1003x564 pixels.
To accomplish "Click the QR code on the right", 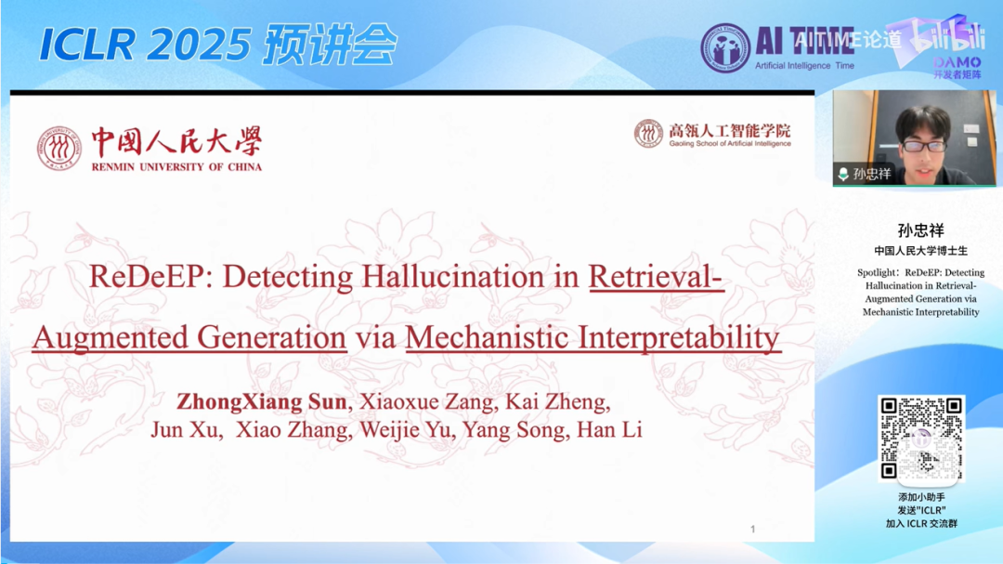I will pos(921,439).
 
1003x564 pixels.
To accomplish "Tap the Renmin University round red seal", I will pos(59,149).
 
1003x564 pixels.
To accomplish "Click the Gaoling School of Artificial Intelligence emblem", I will pos(648,134).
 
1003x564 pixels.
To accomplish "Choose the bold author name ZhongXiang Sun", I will pos(262,402).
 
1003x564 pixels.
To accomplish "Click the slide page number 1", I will pos(752,530).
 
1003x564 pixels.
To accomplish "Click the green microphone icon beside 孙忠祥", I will pos(842,174).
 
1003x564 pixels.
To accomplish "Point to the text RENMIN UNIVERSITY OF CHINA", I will pos(176,167).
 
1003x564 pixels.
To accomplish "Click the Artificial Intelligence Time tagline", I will pos(804,67).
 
